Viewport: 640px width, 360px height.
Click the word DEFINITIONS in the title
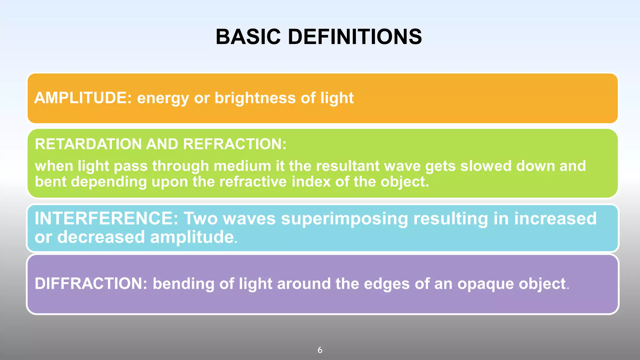pyautogui.click(x=355, y=37)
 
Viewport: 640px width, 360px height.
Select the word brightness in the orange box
pyautogui.click(x=255, y=98)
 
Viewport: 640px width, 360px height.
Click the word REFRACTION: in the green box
pyautogui.click(x=234, y=144)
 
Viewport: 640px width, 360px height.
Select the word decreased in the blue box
pyautogui.click(x=101, y=237)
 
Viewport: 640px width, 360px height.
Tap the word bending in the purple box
pyautogui.click(x=183, y=284)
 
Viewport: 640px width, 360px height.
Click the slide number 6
pyautogui.click(x=320, y=350)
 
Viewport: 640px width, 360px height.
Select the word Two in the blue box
pyautogui.click(x=200, y=218)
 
